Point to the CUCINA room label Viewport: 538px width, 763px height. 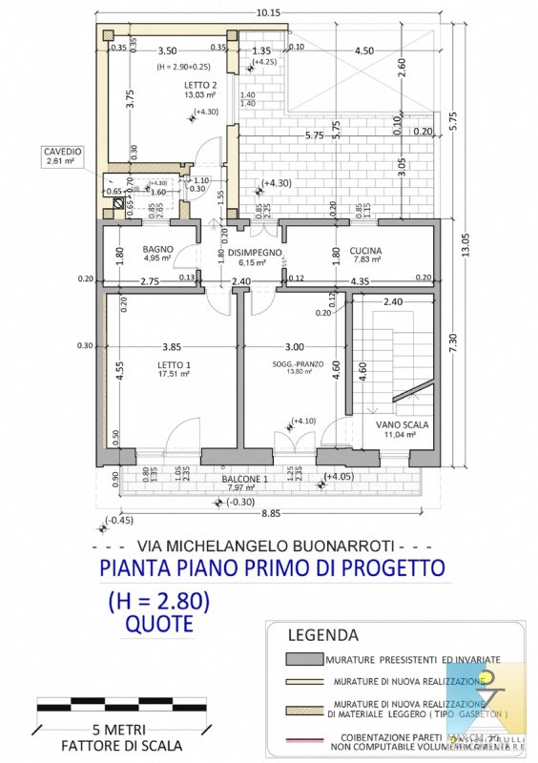[x=367, y=249]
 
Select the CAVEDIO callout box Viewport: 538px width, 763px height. [x=64, y=156]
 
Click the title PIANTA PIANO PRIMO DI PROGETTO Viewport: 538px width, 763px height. [x=272, y=568]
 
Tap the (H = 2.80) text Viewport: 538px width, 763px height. [x=158, y=602]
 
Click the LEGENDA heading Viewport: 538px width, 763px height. [x=323, y=634]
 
